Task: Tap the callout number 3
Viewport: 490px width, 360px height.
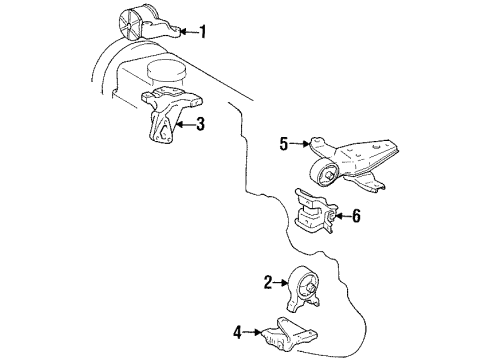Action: pos(201,125)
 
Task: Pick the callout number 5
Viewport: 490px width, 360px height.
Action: pos(283,143)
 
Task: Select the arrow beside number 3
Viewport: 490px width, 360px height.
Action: pos(185,125)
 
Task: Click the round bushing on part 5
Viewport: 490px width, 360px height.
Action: pos(325,172)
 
